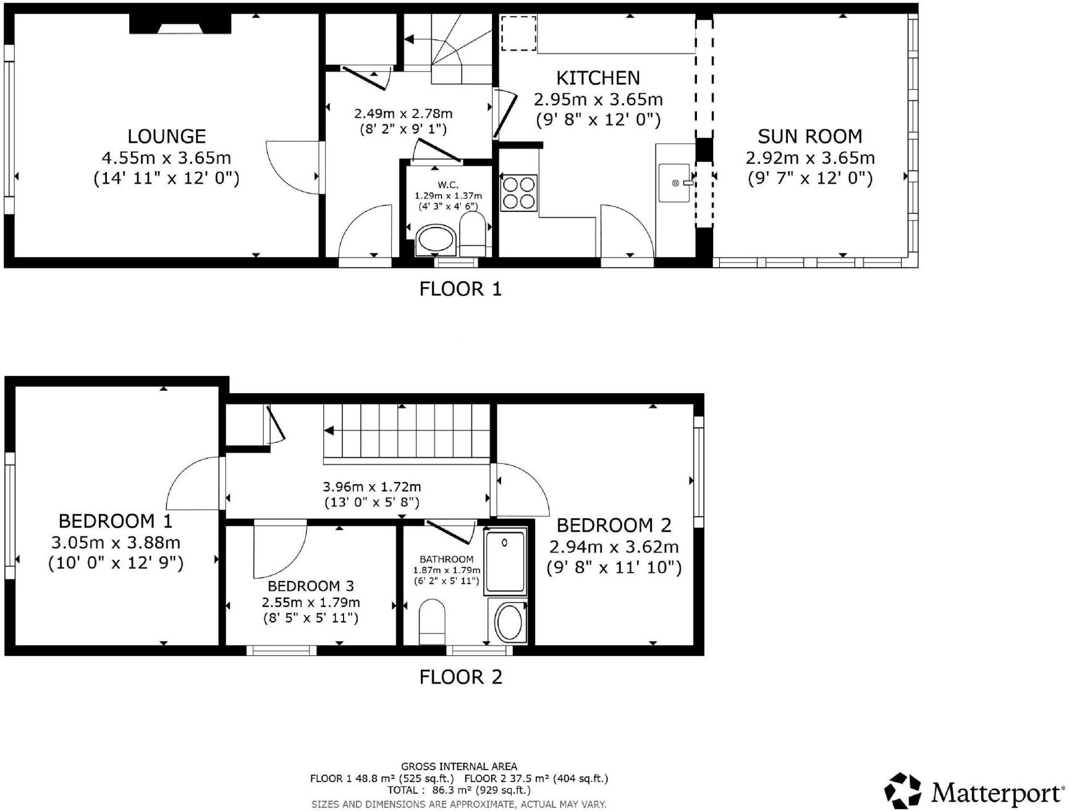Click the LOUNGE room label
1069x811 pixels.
(x=166, y=137)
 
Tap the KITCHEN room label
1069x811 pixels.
(x=598, y=79)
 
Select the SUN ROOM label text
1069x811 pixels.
(x=809, y=137)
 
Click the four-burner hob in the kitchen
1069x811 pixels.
(x=519, y=193)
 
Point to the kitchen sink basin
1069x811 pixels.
(x=674, y=183)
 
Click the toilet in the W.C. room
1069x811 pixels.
(x=473, y=234)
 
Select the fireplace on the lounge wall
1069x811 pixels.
(x=180, y=24)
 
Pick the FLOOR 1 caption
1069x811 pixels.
(x=460, y=289)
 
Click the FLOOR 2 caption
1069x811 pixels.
(x=460, y=677)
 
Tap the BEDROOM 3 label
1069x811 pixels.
(x=311, y=586)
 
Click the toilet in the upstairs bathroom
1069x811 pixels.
(x=432, y=621)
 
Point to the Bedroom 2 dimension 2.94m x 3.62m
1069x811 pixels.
(x=614, y=547)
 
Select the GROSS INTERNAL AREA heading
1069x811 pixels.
(x=459, y=766)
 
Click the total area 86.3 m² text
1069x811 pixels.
(x=458, y=790)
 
